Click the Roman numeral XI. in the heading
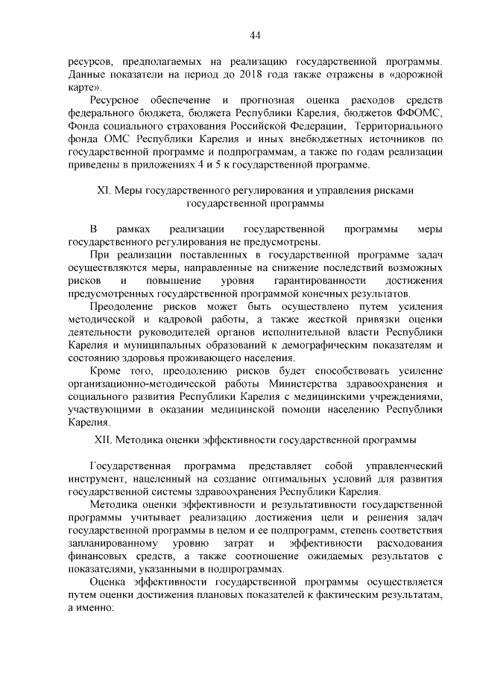[x=104, y=190]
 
